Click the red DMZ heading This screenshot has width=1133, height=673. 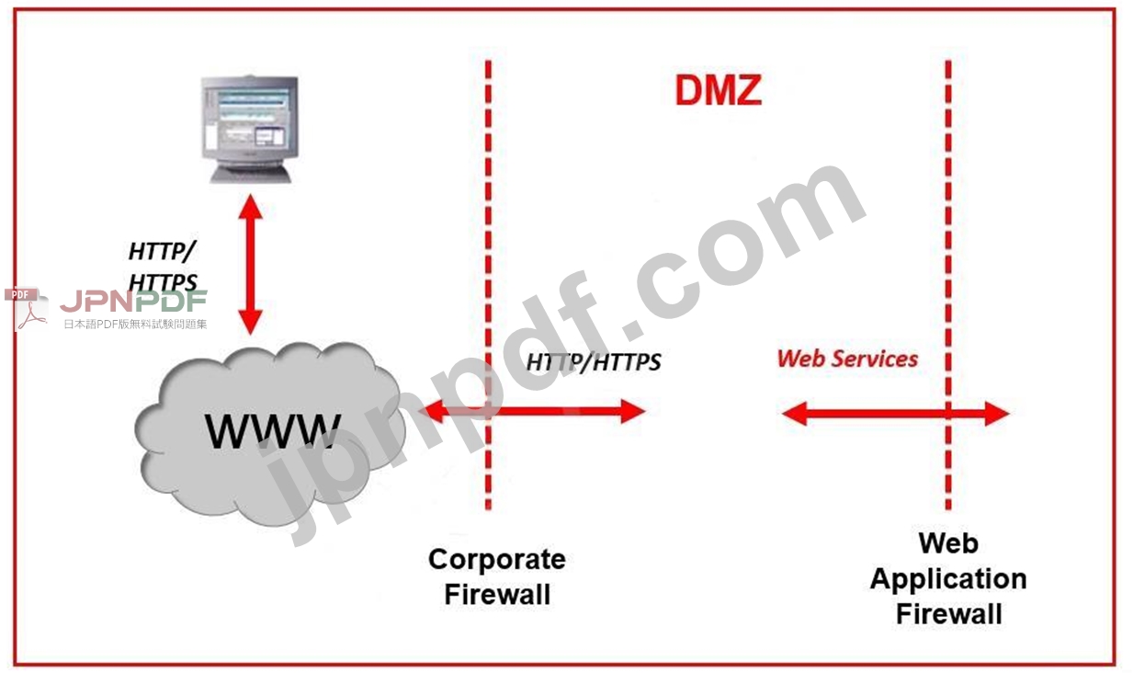[718, 90]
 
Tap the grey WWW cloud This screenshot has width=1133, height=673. [266, 432]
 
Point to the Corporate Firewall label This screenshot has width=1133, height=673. [497, 576]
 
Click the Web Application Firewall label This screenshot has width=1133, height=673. [948, 578]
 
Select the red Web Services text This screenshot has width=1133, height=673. [847, 359]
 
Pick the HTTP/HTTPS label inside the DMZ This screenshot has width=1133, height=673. [594, 362]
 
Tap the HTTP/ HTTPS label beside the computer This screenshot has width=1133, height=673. [163, 266]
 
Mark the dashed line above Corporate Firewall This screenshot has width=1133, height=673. [488, 230]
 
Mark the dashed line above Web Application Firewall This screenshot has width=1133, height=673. [947, 230]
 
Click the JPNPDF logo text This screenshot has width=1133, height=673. [134, 302]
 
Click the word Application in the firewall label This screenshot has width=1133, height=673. [948, 579]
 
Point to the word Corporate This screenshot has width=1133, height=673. [497, 559]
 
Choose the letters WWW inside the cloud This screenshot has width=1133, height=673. [272, 430]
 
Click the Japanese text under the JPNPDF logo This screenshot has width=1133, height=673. [135, 324]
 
